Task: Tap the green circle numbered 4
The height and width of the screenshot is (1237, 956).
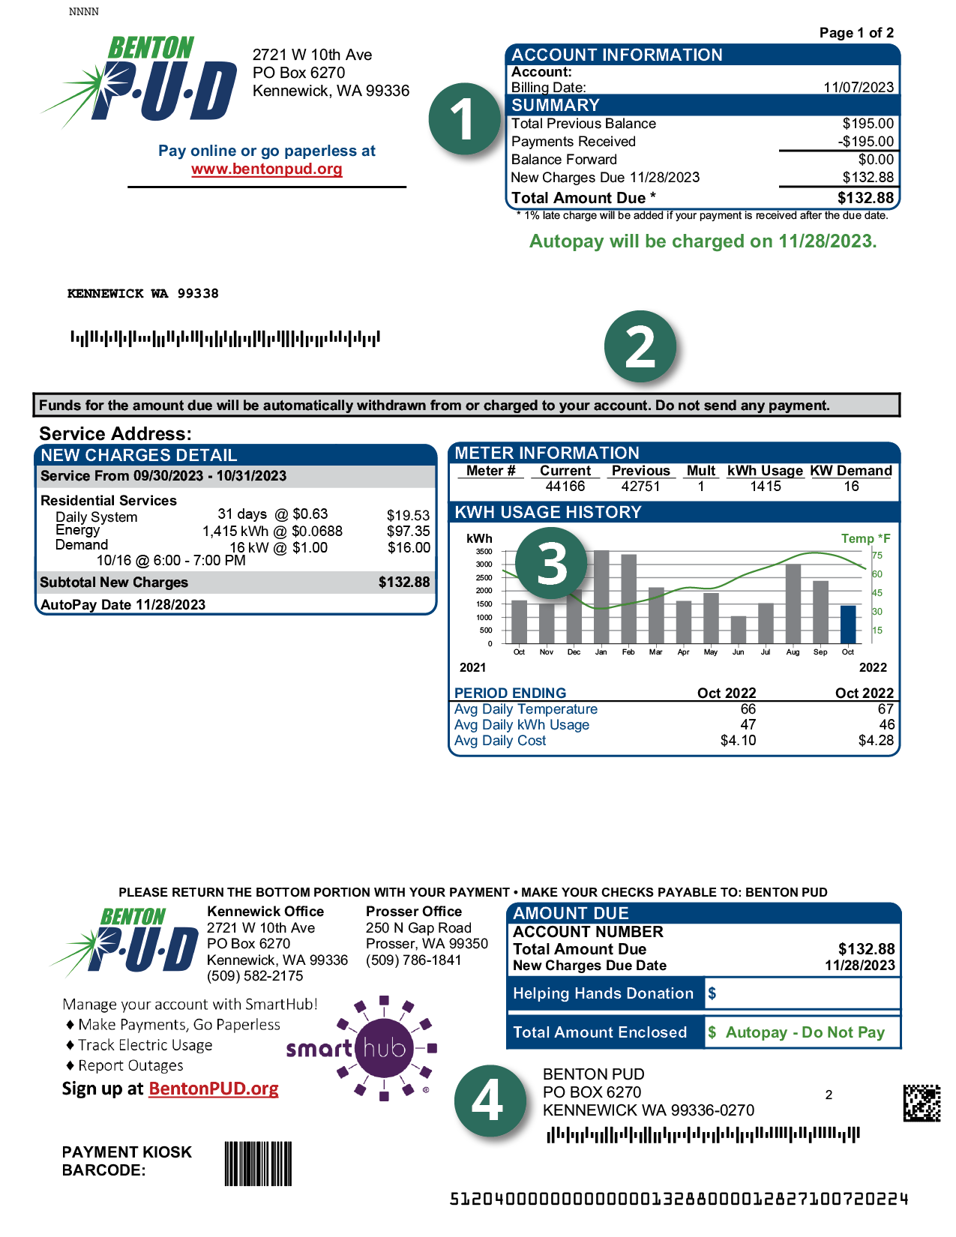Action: (489, 1101)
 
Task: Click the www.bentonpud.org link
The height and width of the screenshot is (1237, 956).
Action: (267, 169)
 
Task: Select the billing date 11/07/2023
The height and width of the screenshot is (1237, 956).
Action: (859, 88)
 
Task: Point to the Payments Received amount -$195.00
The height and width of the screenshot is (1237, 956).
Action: (866, 142)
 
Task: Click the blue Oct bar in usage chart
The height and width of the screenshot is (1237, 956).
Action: (848, 624)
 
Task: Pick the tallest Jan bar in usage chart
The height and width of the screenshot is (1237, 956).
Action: (601, 597)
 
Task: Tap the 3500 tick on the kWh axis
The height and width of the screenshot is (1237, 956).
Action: (484, 552)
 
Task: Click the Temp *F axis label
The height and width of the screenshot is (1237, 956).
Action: (865, 538)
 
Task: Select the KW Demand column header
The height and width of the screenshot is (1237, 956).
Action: (851, 471)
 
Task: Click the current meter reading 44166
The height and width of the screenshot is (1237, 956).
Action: (565, 487)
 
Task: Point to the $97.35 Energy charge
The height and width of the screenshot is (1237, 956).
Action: (409, 532)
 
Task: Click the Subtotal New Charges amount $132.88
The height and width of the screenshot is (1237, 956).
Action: (404, 583)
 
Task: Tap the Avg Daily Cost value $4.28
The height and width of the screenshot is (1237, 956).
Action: (876, 741)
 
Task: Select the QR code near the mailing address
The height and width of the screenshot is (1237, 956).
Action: (922, 1103)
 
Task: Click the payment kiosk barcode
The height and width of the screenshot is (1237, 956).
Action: (258, 1164)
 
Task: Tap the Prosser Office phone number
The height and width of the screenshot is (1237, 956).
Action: (414, 960)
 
